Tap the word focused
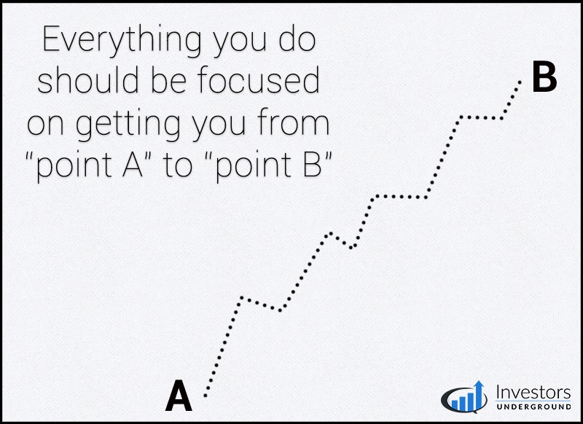[259, 79]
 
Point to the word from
[293, 122]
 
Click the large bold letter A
[179, 396]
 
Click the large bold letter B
[544, 78]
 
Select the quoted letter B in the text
[312, 164]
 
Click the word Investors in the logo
[533, 393]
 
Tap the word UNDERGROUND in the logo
[533, 407]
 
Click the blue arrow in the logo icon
[480, 395]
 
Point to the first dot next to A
[206, 396]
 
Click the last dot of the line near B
[520, 82]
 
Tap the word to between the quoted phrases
[178, 165]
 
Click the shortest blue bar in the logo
[455, 405]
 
